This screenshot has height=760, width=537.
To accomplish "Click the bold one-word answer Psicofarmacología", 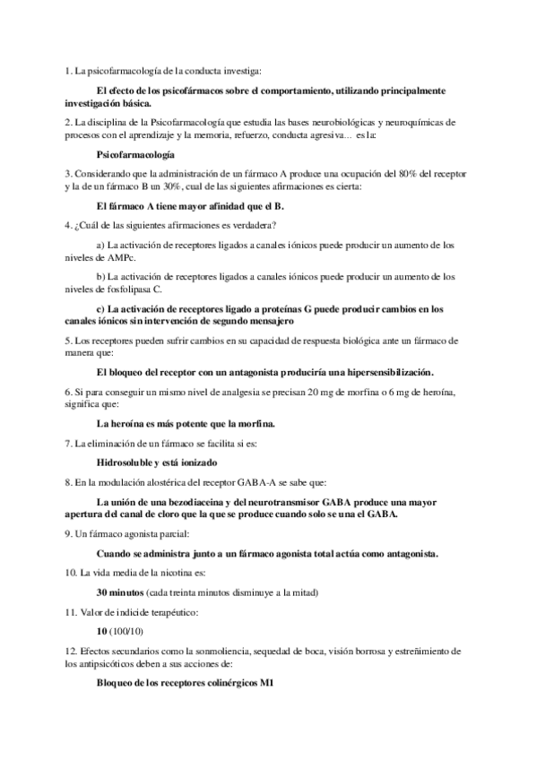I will (134, 155).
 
